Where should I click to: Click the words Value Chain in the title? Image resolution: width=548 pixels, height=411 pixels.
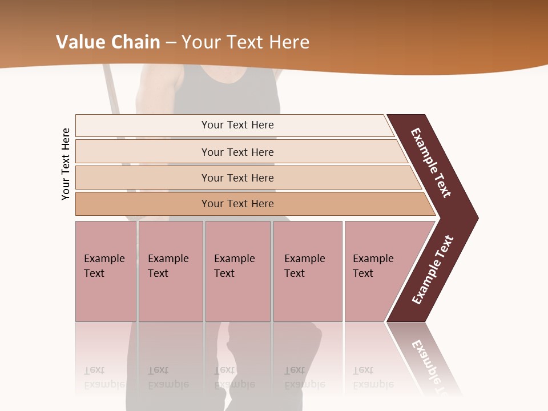(x=108, y=42)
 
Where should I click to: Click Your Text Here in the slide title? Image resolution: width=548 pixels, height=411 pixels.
(x=245, y=42)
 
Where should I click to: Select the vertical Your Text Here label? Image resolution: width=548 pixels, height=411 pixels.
(x=66, y=164)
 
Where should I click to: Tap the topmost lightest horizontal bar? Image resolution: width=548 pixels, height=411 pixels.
(x=237, y=125)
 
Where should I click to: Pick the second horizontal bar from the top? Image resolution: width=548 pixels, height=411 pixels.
(x=237, y=152)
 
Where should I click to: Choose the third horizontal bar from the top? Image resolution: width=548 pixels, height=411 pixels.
(x=237, y=178)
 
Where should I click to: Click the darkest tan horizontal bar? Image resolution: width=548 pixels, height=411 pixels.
(x=237, y=204)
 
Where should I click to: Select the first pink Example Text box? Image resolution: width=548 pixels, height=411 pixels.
(x=106, y=271)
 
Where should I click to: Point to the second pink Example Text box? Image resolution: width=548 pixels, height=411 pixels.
(x=171, y=271)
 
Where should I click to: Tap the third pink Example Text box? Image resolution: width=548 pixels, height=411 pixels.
(x=237, y=271)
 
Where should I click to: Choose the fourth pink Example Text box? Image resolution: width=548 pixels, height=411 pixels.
(x=308, y=271)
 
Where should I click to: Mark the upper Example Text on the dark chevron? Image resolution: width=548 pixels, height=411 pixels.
(x=431, y=163)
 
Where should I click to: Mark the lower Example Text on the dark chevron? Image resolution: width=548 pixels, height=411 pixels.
(x=433, y=269)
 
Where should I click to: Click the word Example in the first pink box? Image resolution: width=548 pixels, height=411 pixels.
(x=104, y=259)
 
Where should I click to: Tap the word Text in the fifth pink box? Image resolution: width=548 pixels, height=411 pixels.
(x=363, y=273)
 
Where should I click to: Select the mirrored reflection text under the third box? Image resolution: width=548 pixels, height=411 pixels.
(x=234, y=377)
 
